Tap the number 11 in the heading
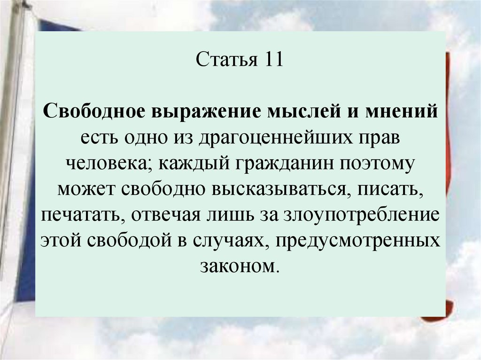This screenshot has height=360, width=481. pyautogui.click(x=272, y=61)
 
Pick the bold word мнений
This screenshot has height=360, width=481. pyautogui.click(x=400, y=113)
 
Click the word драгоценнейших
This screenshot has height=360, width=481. pyautogui.click(x=265, y=138)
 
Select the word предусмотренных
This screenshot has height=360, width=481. pyautogui.click(x=358, y=241)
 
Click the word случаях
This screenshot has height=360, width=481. pyautogui.click(x=230, y=241)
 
